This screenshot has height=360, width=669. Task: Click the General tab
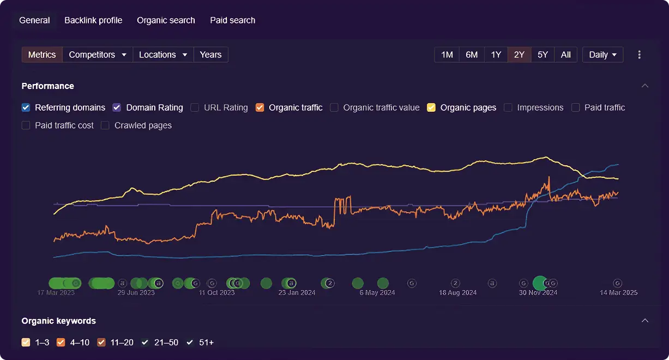coord(34,20)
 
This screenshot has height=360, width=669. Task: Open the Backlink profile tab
coord(93,20)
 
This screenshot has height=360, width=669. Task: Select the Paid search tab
coord(232,20)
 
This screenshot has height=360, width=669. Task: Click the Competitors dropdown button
coord(98,55)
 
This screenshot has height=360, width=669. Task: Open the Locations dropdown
coord(163,55)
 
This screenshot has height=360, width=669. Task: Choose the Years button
coord(210,55)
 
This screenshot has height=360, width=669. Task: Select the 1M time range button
coord(447,55)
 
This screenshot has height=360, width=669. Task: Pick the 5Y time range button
coord(543,55)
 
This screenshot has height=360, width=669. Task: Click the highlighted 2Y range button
coord(519,55)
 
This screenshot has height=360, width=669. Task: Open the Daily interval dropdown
coord(602,55)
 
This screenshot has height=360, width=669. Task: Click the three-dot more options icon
coord(640,55)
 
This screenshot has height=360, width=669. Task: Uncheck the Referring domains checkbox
coord(26,107)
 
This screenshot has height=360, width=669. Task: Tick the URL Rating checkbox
coord(195,107)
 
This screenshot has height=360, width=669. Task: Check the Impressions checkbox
coord(508,107)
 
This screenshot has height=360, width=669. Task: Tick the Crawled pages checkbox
coord(105,125)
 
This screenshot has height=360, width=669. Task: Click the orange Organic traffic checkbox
coord(260,107)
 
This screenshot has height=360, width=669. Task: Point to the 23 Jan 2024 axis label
coord(297,292)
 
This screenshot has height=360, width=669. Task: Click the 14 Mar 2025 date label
coord(618,292)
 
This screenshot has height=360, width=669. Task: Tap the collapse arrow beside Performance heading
coord(645,86)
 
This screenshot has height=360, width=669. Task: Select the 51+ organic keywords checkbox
coord(190,343)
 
